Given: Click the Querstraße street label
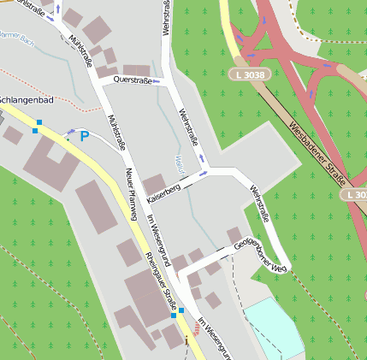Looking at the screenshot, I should coord(132,80).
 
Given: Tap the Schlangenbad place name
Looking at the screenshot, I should coord(26,100).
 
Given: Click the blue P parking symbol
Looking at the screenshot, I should coord(84,136).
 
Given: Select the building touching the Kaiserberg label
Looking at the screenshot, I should coord(154,183).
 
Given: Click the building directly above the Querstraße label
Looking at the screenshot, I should coord(135,69).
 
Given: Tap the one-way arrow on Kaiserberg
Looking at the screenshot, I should coord(203,173).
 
